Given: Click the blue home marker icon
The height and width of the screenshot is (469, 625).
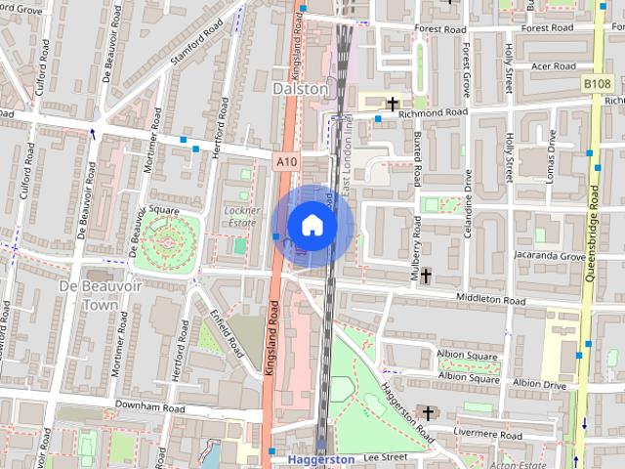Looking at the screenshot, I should pyautogui.click(x=312, y=225).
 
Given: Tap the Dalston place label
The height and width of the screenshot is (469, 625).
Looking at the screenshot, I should pyautogui.click(x=301, y=88).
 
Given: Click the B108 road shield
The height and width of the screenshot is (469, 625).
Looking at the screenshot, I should pyautogui.click(x=598, y=85).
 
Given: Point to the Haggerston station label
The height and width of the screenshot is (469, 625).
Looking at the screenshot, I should pyautogui.click(x=321, y=458).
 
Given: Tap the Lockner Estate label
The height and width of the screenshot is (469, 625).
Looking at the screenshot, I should pyautogui.click(x=240, y=216).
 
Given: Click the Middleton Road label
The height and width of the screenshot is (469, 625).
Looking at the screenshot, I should pyautogui.click(x=493, y=297).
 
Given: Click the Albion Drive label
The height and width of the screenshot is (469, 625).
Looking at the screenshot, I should pyautogui.click(x=539, y=384).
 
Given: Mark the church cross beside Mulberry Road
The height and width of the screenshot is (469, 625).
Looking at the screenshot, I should pyautogui.click(x=426, y=277).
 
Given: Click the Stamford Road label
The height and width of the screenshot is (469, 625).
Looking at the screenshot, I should pyautogui.click(x=192, y=46).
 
